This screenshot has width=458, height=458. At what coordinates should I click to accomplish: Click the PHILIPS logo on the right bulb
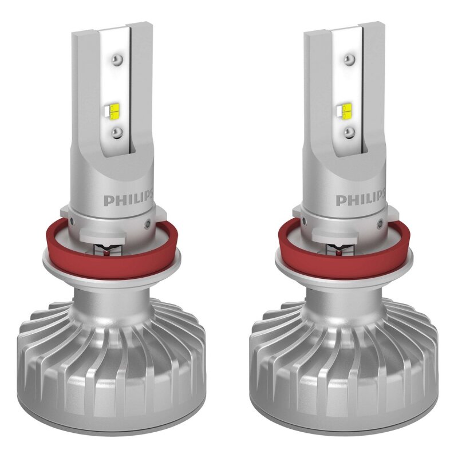click(357, 200)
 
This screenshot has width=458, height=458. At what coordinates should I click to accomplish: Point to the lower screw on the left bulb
click(117, 132)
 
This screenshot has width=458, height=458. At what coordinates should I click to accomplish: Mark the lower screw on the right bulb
click(348, 132)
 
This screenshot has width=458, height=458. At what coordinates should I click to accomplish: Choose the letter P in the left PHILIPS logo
click(107, 200)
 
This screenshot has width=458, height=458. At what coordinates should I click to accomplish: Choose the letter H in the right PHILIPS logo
click(350, 200)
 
